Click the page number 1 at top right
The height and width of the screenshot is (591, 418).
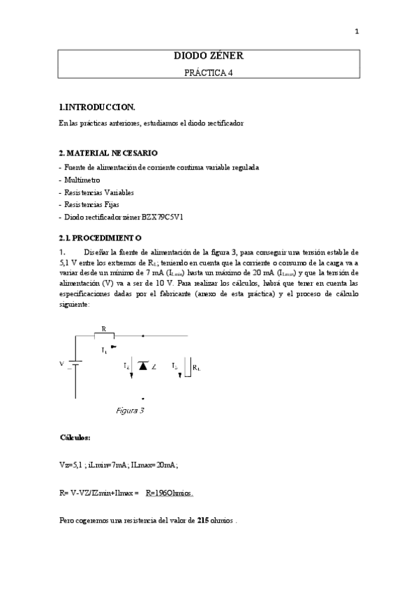click(x=357, y=31)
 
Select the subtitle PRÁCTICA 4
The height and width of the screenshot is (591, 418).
click(x=209, y=72)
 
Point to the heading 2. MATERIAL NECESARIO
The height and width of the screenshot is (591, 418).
click(x=108, y=153)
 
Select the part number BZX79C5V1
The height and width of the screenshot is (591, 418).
click(x=162, y=217)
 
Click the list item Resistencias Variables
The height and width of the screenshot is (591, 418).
click(x=98, y=192)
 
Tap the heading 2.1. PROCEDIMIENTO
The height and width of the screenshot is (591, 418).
click(x=101, y=237)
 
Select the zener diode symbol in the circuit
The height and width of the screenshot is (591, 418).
click(x=143, y=365)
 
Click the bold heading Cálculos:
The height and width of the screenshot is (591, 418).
click(x=75, y=438)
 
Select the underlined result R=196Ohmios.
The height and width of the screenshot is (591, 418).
click(x=170, y=493)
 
